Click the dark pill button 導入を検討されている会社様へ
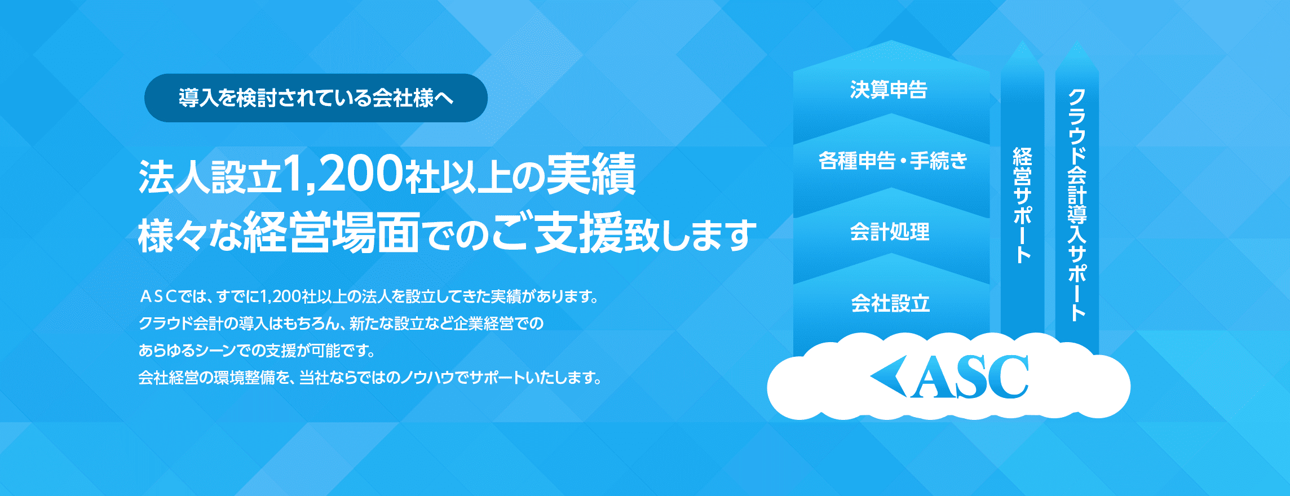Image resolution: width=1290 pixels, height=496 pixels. pos(316,98)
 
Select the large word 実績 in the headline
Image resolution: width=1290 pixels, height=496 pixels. pos(591,174)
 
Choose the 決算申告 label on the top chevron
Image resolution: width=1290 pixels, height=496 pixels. pos(889,90)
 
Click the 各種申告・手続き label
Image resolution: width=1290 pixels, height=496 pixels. pos(893,161)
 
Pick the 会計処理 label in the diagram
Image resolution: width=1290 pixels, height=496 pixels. pos(890,232)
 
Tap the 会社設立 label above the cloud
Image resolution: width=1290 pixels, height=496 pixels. pos(890,303)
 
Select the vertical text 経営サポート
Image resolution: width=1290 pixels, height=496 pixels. pos(1022,205)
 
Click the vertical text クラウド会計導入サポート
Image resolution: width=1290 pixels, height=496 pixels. pos(1077,205)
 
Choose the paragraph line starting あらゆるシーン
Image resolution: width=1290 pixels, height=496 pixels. pos(257,351)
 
